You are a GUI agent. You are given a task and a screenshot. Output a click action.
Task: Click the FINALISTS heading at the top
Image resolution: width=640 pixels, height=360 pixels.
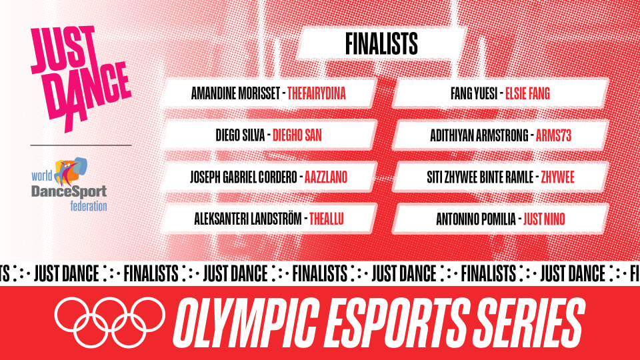click(x=381, y=44)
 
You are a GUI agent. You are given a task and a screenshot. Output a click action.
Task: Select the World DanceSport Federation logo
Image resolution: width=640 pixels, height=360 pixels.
click(x=69, y=184)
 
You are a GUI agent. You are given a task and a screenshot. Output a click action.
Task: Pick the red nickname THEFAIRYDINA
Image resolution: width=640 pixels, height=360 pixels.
click(x=317, y=94)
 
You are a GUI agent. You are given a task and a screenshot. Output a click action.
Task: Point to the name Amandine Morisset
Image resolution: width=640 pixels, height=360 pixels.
click(x=236, y=94)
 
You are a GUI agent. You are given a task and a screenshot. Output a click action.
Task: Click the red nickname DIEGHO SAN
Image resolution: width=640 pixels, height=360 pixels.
click(x=297, y=135)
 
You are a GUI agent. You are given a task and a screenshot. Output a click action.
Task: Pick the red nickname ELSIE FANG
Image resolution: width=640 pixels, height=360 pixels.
click(x=527, y=94)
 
